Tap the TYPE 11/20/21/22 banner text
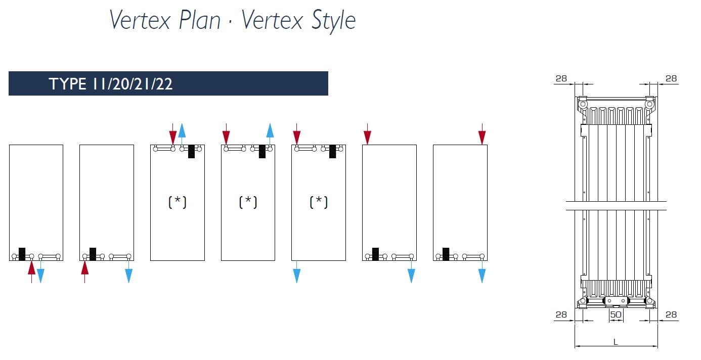pyautogui.click(x=111, y=84)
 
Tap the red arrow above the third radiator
pyautogui.click(x=173, y=134)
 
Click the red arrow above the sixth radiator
pyautogui.click(x=367, y=134)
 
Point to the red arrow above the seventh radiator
pyautogui.click(x=482, y=134)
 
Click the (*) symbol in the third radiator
pyautogui.click(x=177, y=202)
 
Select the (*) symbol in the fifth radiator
pyautogui.click(x=319, y=202)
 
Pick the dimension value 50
pyautogui.click(x=616, y=314)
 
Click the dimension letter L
pyautogui.click(x=616, y=342)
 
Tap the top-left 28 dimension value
pyautogui.click(x=561, y=78)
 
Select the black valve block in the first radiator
pyautogui.click(x=22, y=253)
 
